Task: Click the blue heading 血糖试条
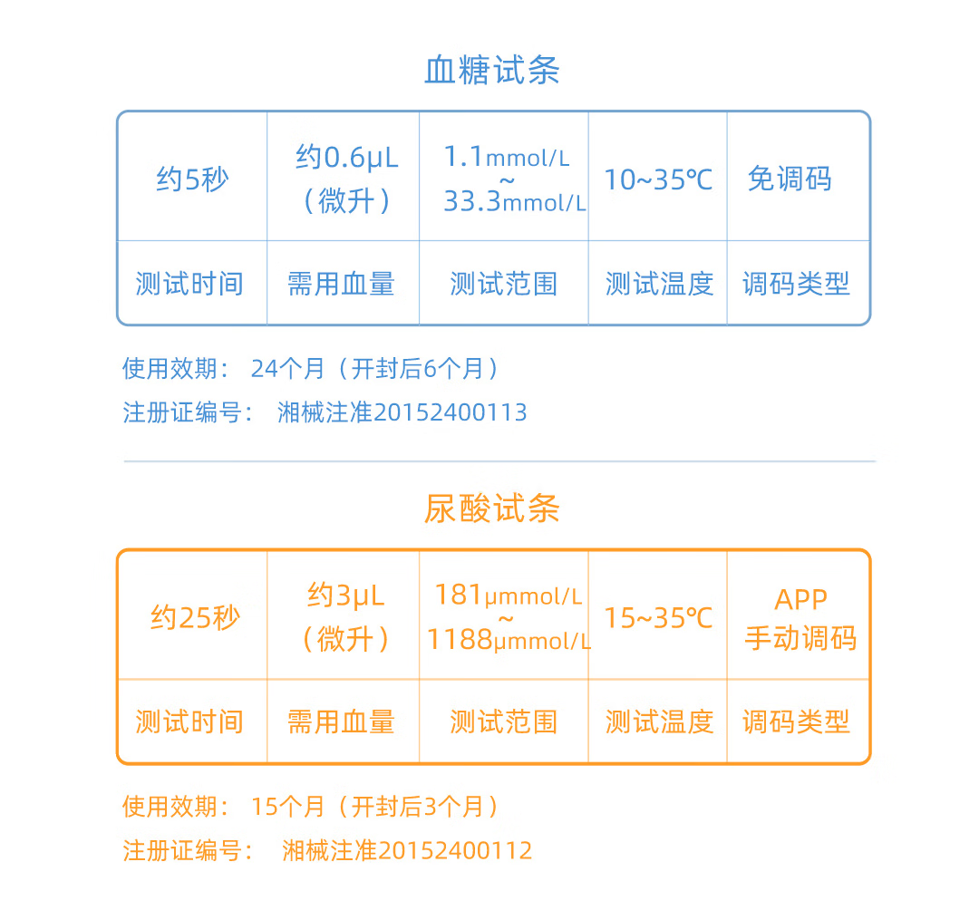[x=491, y=71]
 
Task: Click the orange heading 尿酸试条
[x=491, y=509]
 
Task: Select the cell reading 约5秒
[x=192, y=179]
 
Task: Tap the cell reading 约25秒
[x=195, y=618]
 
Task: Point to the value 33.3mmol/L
[x=514, y=202]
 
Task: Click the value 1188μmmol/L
[x=509, y=641]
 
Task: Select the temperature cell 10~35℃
[x=658, y=180]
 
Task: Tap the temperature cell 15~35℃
[x=658, y=618]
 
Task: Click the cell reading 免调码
[x=789, y=179]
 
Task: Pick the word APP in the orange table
[x=800, y=600]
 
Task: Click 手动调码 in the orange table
[x=800, y=638]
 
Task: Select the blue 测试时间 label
[x=189, y=284]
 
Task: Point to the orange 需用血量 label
[x=341, y=722]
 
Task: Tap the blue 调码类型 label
[x=796, y=284]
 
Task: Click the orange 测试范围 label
[x=503, y=722]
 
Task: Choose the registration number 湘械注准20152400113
[x=402, y=412]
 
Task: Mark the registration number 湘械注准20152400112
[x=407, y=851]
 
